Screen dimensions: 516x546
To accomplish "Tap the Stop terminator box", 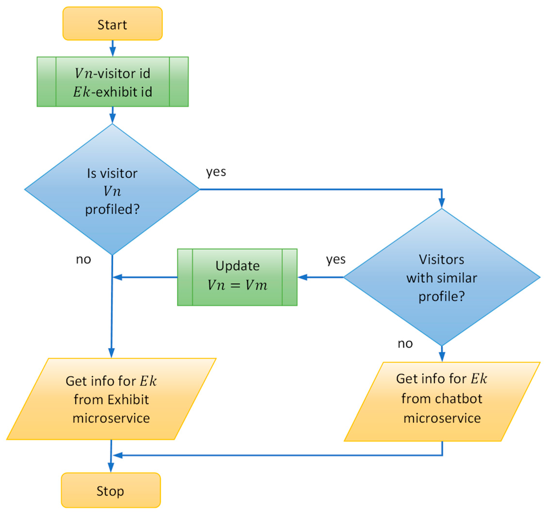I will [x=111, y=490].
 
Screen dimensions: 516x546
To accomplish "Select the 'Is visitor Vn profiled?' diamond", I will [x=112, y=189].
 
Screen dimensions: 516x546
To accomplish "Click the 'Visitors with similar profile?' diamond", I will [x=442, y=277].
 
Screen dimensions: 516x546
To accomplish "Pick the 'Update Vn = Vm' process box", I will [x=237, y=277].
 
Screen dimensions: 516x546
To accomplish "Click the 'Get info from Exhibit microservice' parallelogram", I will [x=111, y=399].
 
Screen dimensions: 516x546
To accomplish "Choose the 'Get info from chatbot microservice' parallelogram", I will [x=442, y=402].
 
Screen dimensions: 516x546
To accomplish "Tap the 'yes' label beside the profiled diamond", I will [x=216, y=172].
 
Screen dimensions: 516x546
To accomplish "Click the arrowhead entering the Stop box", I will [x=111, y=468].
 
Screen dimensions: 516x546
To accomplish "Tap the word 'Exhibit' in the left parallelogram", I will [x=128, y=400].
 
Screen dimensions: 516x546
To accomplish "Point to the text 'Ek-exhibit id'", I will [x=113, y=92].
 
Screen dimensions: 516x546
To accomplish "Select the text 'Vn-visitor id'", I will [x=113, y=73].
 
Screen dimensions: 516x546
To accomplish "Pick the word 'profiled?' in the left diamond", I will [x=113, y=209].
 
